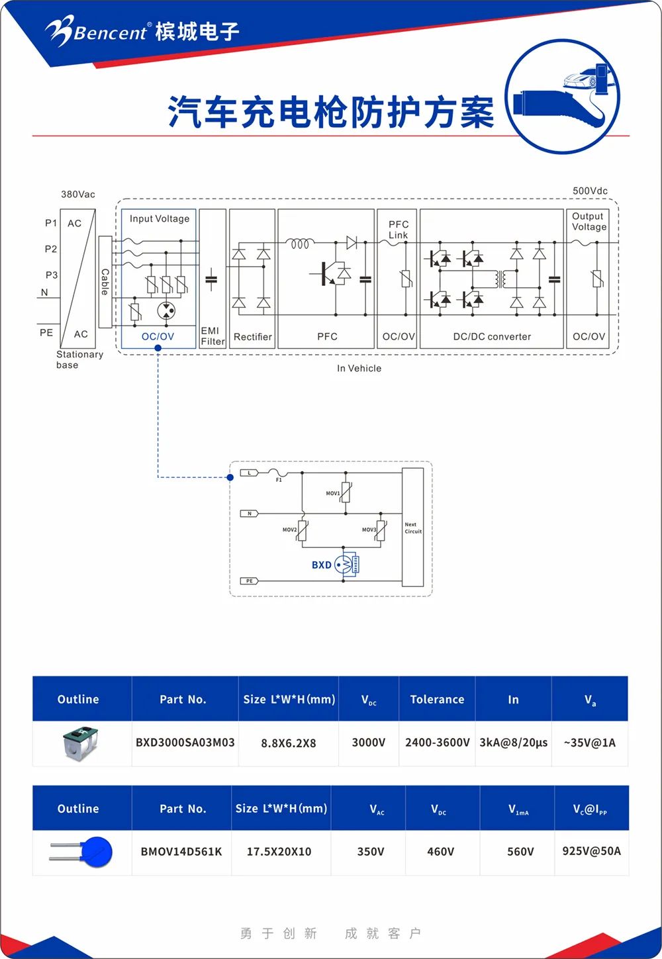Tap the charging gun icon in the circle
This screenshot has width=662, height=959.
563,97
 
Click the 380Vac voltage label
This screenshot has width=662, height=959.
78,195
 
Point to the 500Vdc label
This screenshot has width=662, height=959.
590,191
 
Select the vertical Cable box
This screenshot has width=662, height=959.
105,282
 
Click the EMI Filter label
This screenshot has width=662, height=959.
213,336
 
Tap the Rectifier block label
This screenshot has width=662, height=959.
252,337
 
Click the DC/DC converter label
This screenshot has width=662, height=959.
492,337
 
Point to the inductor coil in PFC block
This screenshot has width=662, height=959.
299,244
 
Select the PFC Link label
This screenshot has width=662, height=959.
399,230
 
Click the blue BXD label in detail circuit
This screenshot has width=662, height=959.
321,565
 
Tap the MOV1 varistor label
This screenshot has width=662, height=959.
332,493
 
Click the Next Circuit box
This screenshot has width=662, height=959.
412,527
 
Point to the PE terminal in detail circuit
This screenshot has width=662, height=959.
249,581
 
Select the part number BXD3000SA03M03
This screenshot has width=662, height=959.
185,743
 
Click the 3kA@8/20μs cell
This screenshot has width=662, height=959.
513,743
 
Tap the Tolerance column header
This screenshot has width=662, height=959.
437,700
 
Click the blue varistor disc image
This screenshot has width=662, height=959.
96,851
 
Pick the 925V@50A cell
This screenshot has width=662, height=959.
591,851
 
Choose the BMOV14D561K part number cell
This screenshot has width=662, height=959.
181,852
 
